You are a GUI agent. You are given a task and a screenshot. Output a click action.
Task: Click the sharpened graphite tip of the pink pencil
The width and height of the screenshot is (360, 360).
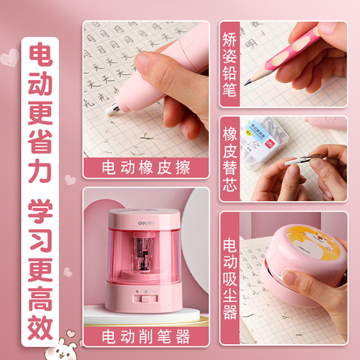coord(247,82)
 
